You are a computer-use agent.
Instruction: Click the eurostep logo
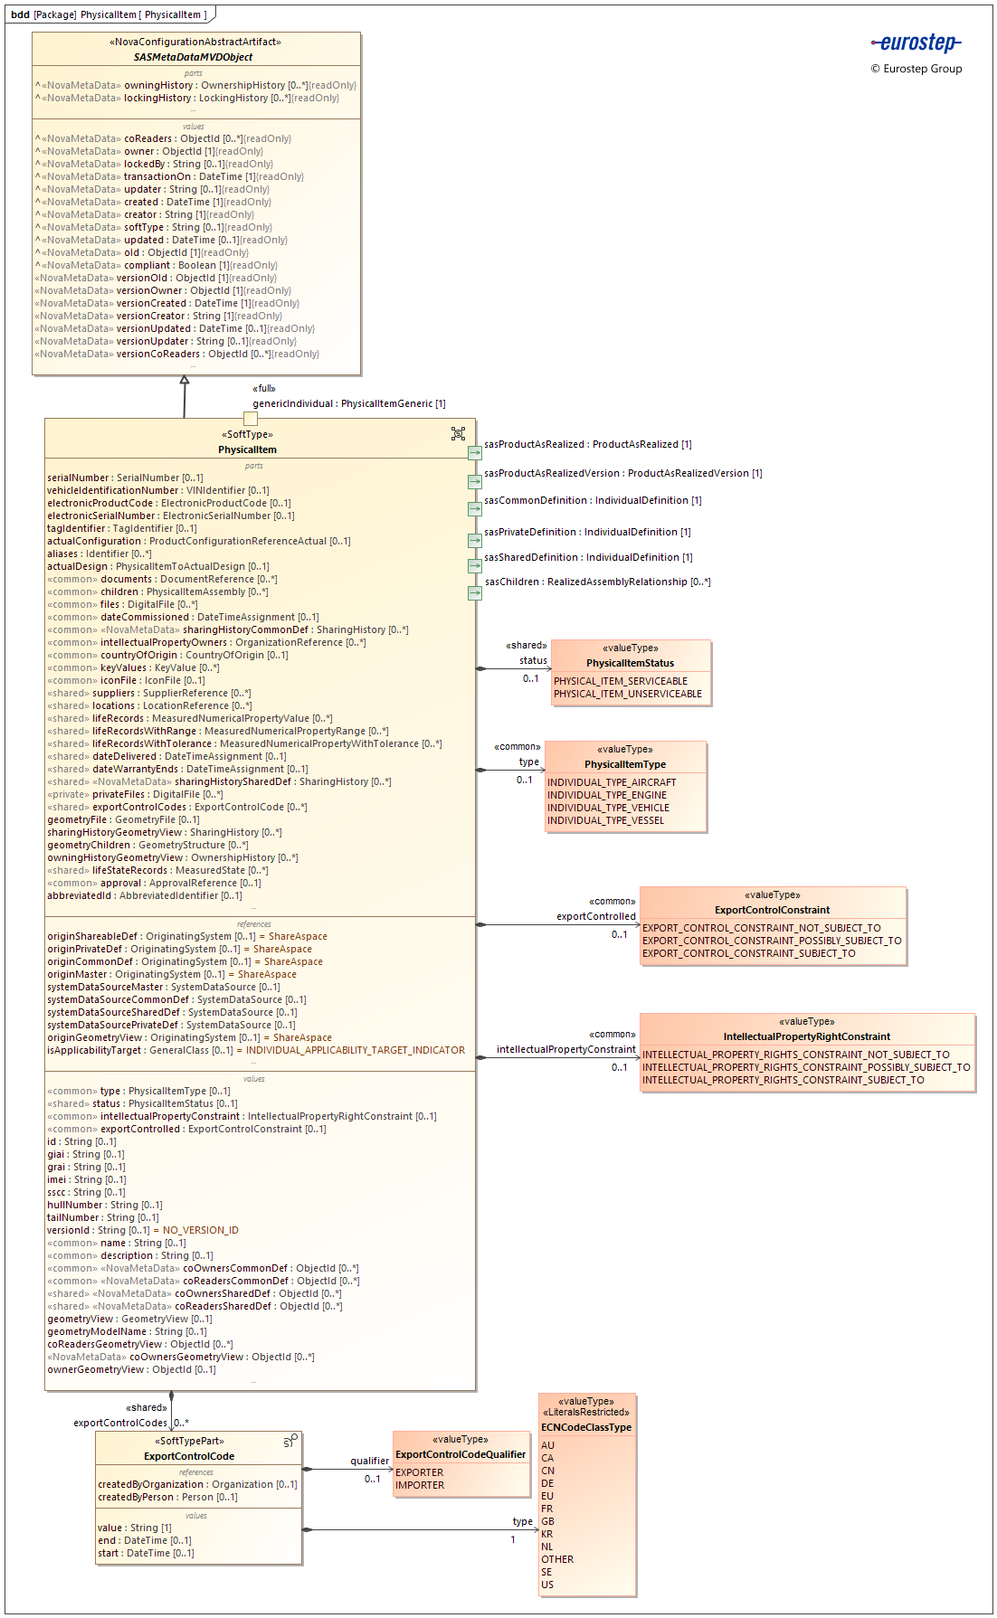(x=916, y=43)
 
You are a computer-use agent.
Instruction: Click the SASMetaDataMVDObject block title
(x=193, y=57)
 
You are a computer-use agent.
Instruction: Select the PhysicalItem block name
(x=247, y=449)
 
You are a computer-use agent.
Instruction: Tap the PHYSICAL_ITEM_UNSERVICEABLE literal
(x=627, y=694)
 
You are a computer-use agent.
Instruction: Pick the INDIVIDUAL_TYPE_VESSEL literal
(x=605, y=820)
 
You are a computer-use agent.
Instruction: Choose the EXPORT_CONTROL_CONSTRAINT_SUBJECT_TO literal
(x=748, y=953)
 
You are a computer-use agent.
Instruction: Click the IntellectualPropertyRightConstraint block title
(x=806, y=1036)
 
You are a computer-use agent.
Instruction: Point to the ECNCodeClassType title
(x=586, y=1427)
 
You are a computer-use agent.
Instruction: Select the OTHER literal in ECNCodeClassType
(x=557, y=1559)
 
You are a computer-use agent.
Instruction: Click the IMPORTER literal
(x=420, y=1485)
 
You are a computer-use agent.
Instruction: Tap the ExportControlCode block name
(x=189, y=1456)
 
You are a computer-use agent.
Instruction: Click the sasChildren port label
(x=597, y=582)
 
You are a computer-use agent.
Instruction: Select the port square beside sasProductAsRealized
(x=475, y=452)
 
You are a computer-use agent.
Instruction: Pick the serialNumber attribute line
(x=125, y=478)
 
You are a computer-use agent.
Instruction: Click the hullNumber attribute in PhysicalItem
(x=104, y=1205)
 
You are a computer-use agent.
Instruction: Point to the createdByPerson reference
(x=167, y=1497)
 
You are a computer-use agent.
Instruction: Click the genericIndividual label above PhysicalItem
(x=348, y=403)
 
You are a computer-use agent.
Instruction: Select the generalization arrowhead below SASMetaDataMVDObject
(x=185, y=381)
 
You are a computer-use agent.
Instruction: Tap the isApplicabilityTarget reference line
(x=256, y=1050)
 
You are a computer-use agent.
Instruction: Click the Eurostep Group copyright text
(x=916, y=69)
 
